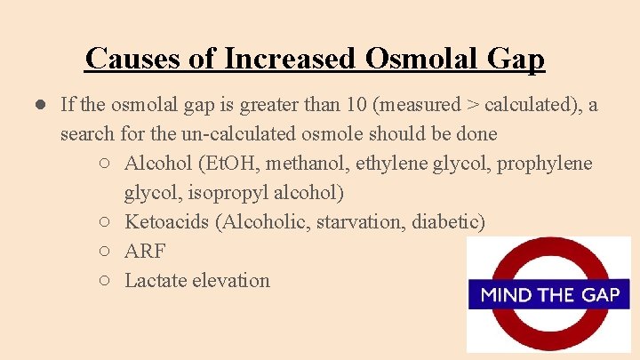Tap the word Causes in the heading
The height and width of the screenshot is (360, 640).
(136, 59)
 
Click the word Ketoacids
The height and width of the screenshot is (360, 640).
(166, 221)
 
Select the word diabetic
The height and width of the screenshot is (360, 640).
(447, 221)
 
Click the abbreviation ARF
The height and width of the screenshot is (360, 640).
(145, 251)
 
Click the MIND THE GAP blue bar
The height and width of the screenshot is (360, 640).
(548, 294)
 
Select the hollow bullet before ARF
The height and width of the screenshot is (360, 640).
(105, 252)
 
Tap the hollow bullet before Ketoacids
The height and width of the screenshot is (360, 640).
(105, 222)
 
